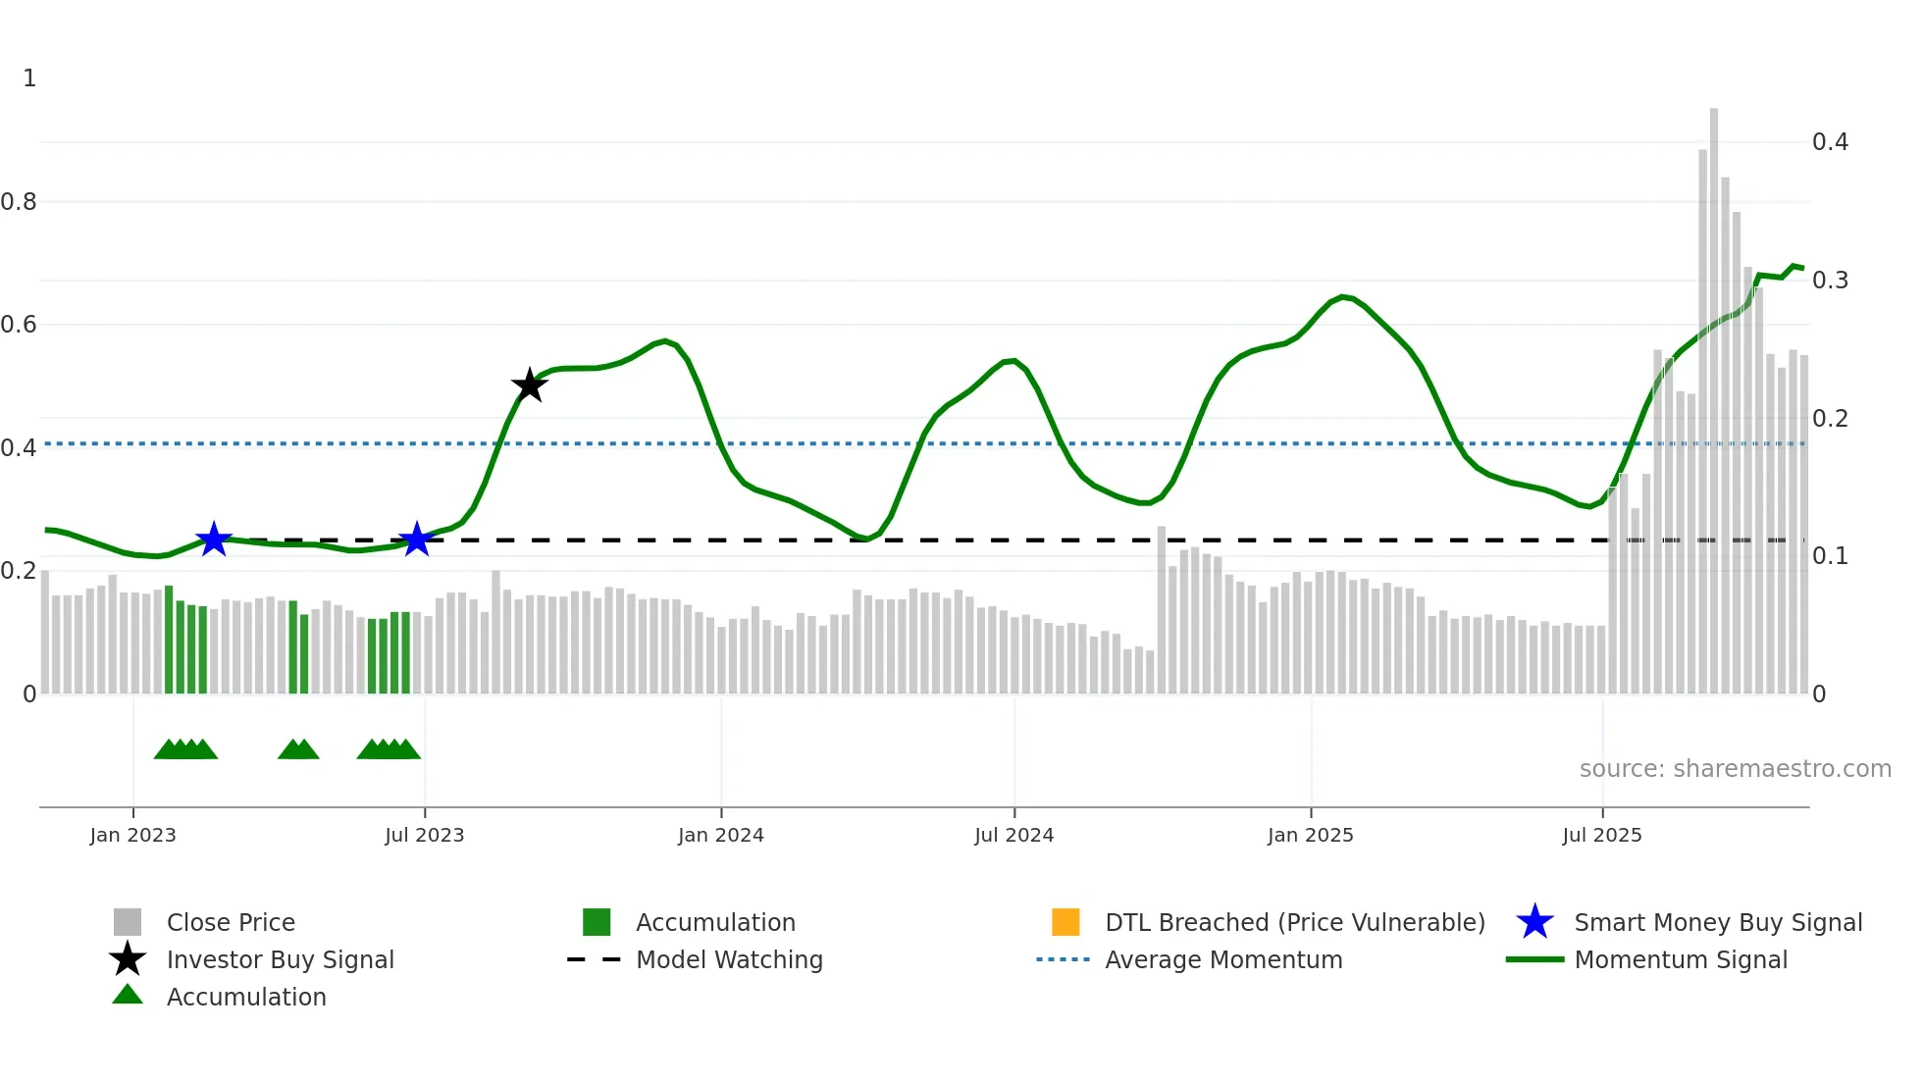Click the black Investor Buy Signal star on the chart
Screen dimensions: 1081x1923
[529, 386]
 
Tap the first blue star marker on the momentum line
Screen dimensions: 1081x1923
[214, 539]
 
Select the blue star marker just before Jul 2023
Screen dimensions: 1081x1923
[417, 539]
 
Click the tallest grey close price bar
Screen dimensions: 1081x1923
[1714, 392]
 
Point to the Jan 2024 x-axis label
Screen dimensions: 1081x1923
[720, 835]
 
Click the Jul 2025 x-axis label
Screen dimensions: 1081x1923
[1601, 835]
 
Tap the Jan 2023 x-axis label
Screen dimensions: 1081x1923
[132, 835]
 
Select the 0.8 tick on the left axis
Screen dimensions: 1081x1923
[19, 202]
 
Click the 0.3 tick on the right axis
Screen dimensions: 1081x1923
[1830, 281]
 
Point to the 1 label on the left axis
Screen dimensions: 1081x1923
[29, 78]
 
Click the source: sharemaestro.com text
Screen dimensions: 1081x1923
[1735, 768]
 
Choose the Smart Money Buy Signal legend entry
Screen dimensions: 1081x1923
[1717, 922]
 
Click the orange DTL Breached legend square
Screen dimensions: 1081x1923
[1065, 922]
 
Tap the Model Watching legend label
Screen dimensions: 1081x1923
[729, 959]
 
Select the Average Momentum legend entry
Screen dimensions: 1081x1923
[1222, 959]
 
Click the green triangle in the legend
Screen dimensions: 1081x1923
[128, 995]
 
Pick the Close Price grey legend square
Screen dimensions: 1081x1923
[128, 922]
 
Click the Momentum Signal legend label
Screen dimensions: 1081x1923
[1680, 959]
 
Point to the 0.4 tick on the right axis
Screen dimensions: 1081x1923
[1830, 142]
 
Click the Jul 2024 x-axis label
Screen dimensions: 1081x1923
[1013, 835]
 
